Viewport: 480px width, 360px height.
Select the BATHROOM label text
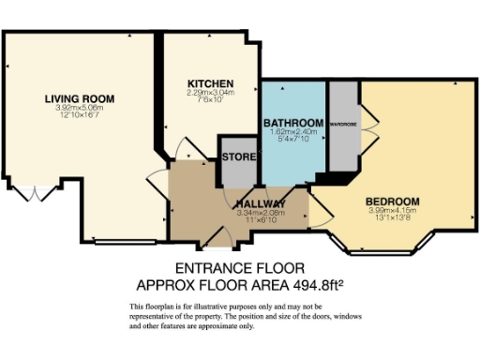click(x=292, y=123)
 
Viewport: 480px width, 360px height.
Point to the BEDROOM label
click(x=392, y=201)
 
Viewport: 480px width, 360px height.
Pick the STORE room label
click(x=241, y=157)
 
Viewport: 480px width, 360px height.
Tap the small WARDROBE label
click(x=344, y=124)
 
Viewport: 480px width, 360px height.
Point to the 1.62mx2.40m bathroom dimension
click(x=292, y=132)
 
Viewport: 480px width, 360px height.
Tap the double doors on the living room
click(x=37, y=194)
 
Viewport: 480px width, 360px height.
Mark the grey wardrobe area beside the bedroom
click(x=344, y=141)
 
